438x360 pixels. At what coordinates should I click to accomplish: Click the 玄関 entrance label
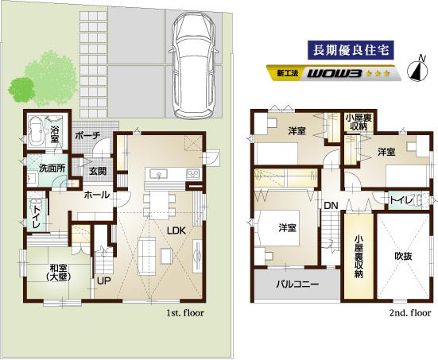click(x=99, y=170)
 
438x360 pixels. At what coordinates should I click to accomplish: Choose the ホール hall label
click(x=96, y=195)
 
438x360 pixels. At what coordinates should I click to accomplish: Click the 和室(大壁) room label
click(x=56, y=273)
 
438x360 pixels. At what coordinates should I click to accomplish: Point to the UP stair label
click(x=104, y=281)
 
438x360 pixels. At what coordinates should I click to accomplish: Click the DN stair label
click(x=331, y=208)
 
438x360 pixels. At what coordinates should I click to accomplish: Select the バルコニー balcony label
click(x=297, y=284)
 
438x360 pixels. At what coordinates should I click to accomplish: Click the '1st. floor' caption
click(x=186, y=315)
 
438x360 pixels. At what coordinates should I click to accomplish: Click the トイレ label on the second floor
click(x=401, y=200)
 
